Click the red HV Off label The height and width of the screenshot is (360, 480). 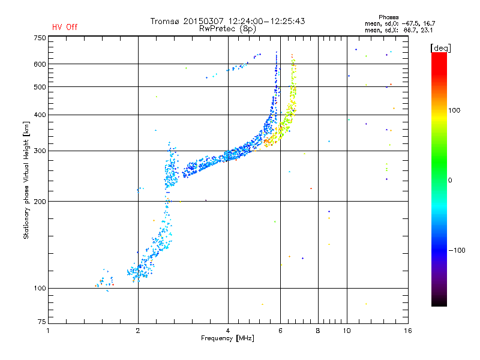[x=65, y=27]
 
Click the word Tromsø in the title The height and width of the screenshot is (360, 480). [x=167, y=21]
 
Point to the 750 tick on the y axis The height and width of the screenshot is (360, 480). [x=40, y=38]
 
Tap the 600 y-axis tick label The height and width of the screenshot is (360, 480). [x=40, y=64]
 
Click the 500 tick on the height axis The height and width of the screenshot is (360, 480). [x=40, y=87]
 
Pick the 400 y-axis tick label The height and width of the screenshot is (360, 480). [x=40, y=115]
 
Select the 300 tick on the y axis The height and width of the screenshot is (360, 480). [x=40, y=151]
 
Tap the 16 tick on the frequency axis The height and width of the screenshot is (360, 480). [x=408, y=331]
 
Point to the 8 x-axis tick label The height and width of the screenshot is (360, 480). [x=318, y=331]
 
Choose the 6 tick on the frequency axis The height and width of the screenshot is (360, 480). [x=281, y=331]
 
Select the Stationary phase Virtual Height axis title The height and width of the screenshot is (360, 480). [x=26, y=180]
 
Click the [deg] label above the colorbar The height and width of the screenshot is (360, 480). [x=440, y=47]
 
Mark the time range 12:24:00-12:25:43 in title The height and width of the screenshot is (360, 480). [x=264, y=21]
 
